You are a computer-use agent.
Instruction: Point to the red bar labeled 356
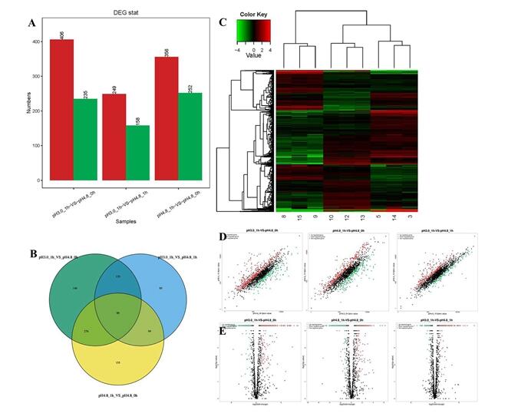coord(167,118)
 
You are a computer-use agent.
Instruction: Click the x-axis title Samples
coord(124,222)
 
